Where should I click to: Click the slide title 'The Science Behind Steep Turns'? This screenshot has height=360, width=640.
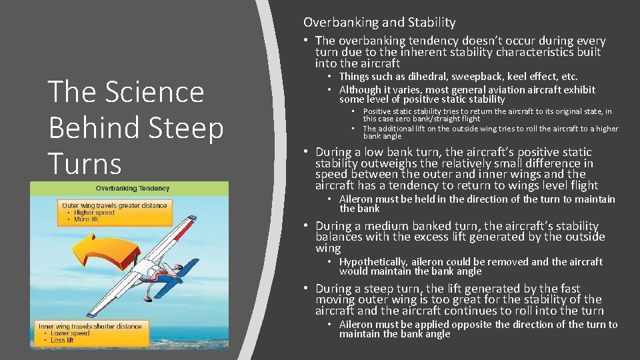tap(135, 127)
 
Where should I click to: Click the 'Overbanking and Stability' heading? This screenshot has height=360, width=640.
tap(379, 22)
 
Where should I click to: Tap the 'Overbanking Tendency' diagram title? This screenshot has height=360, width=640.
tap(133, 189)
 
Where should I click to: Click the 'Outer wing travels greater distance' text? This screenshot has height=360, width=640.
tap(114, 205)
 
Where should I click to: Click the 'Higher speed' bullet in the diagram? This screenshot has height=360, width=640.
tap(94, 213)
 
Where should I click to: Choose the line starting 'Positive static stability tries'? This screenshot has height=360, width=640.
tap(487, 111)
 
